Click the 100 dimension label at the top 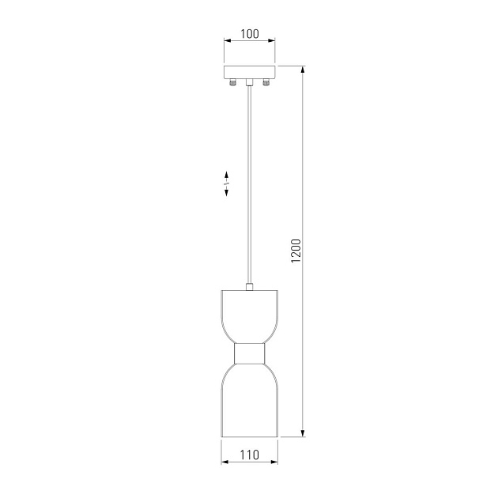tap(250, 34)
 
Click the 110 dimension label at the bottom tap(250, 455)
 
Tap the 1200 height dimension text tap(296, 251)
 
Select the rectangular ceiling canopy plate tap(249, 72)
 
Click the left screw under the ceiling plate tap(233, 82)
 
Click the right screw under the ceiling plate tap(266, 82)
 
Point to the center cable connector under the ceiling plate tap(250, 82)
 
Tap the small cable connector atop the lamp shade tap(250, 287)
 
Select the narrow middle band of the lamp tap(250, 354)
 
